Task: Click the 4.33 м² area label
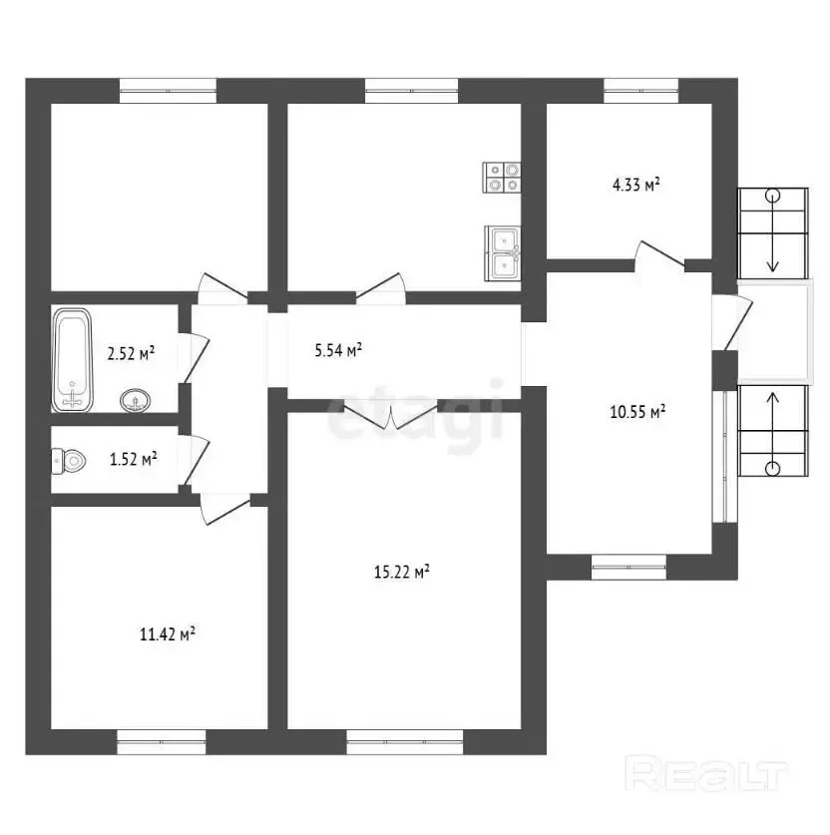[636, 185]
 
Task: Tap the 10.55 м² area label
[637, 412]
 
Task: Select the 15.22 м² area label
[402, 572]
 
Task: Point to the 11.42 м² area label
[168, 634]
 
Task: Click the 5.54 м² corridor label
[338, 350]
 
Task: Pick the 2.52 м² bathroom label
[131, 353]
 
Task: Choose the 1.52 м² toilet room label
[133, 459]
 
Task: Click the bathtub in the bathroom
[73, 360]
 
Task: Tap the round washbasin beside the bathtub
[136, 400]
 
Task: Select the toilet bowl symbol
[69, 461]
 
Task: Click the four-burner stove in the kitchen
[502, 178]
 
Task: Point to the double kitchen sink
[503, 253]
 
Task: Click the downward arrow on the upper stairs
[772, 230]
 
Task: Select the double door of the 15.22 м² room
[391, 414]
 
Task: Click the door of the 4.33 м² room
[659, 254]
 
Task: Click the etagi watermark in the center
[415, 410]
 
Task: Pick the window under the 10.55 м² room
[628, 567]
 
